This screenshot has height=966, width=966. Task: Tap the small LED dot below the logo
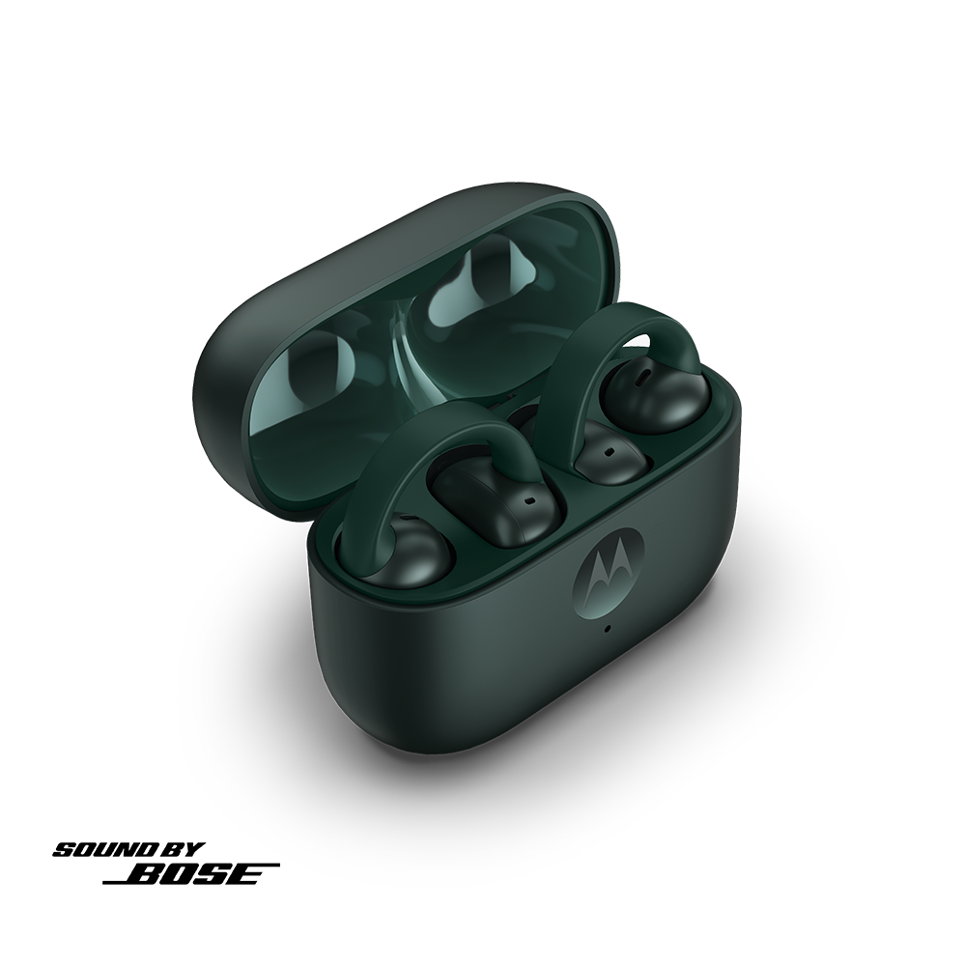coord(608,629)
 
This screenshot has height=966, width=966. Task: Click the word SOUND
coord(104,850)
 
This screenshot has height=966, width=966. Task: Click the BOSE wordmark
coord(191,873)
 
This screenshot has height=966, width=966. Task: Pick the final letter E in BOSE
coord(244,874)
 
